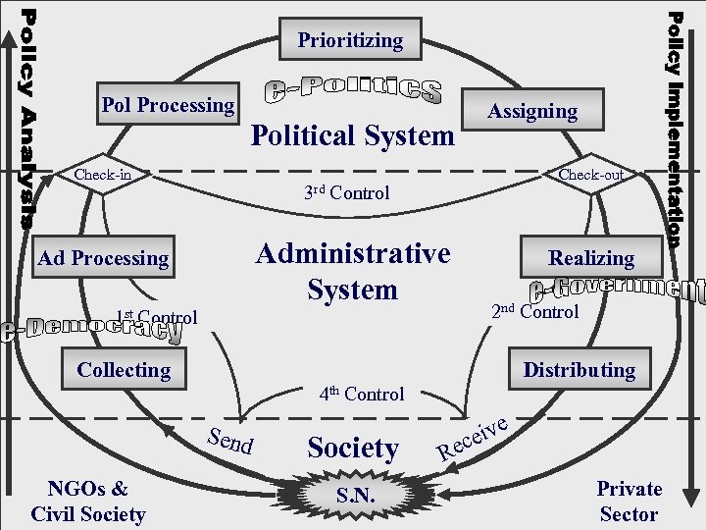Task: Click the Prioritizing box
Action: [350, 40]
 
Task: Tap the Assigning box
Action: [533, 112]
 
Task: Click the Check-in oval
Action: [104, 175]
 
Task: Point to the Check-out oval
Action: [590, 175]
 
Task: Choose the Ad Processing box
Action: [103, 258]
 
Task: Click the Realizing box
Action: [591, 258]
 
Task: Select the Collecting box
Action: [124, 370]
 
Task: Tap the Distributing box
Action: [579, 370]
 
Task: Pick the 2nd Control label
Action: [534, 312]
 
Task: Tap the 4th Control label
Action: [361, 394]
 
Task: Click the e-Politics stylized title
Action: [354, 90]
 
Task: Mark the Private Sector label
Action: [630, 501]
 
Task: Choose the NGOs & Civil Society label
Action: [88, 501]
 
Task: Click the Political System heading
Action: [353, 135]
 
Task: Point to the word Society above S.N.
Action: [353, 449]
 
